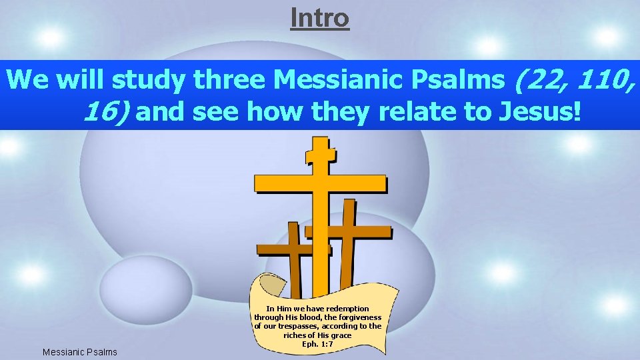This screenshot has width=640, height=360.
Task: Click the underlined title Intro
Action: pyautogui.click(x=319, y=17)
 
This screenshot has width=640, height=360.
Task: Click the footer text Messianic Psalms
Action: pyautogui.click(x=79, y=351)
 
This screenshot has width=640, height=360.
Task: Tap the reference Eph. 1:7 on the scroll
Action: pyautogui.click(x=318, y=344)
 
